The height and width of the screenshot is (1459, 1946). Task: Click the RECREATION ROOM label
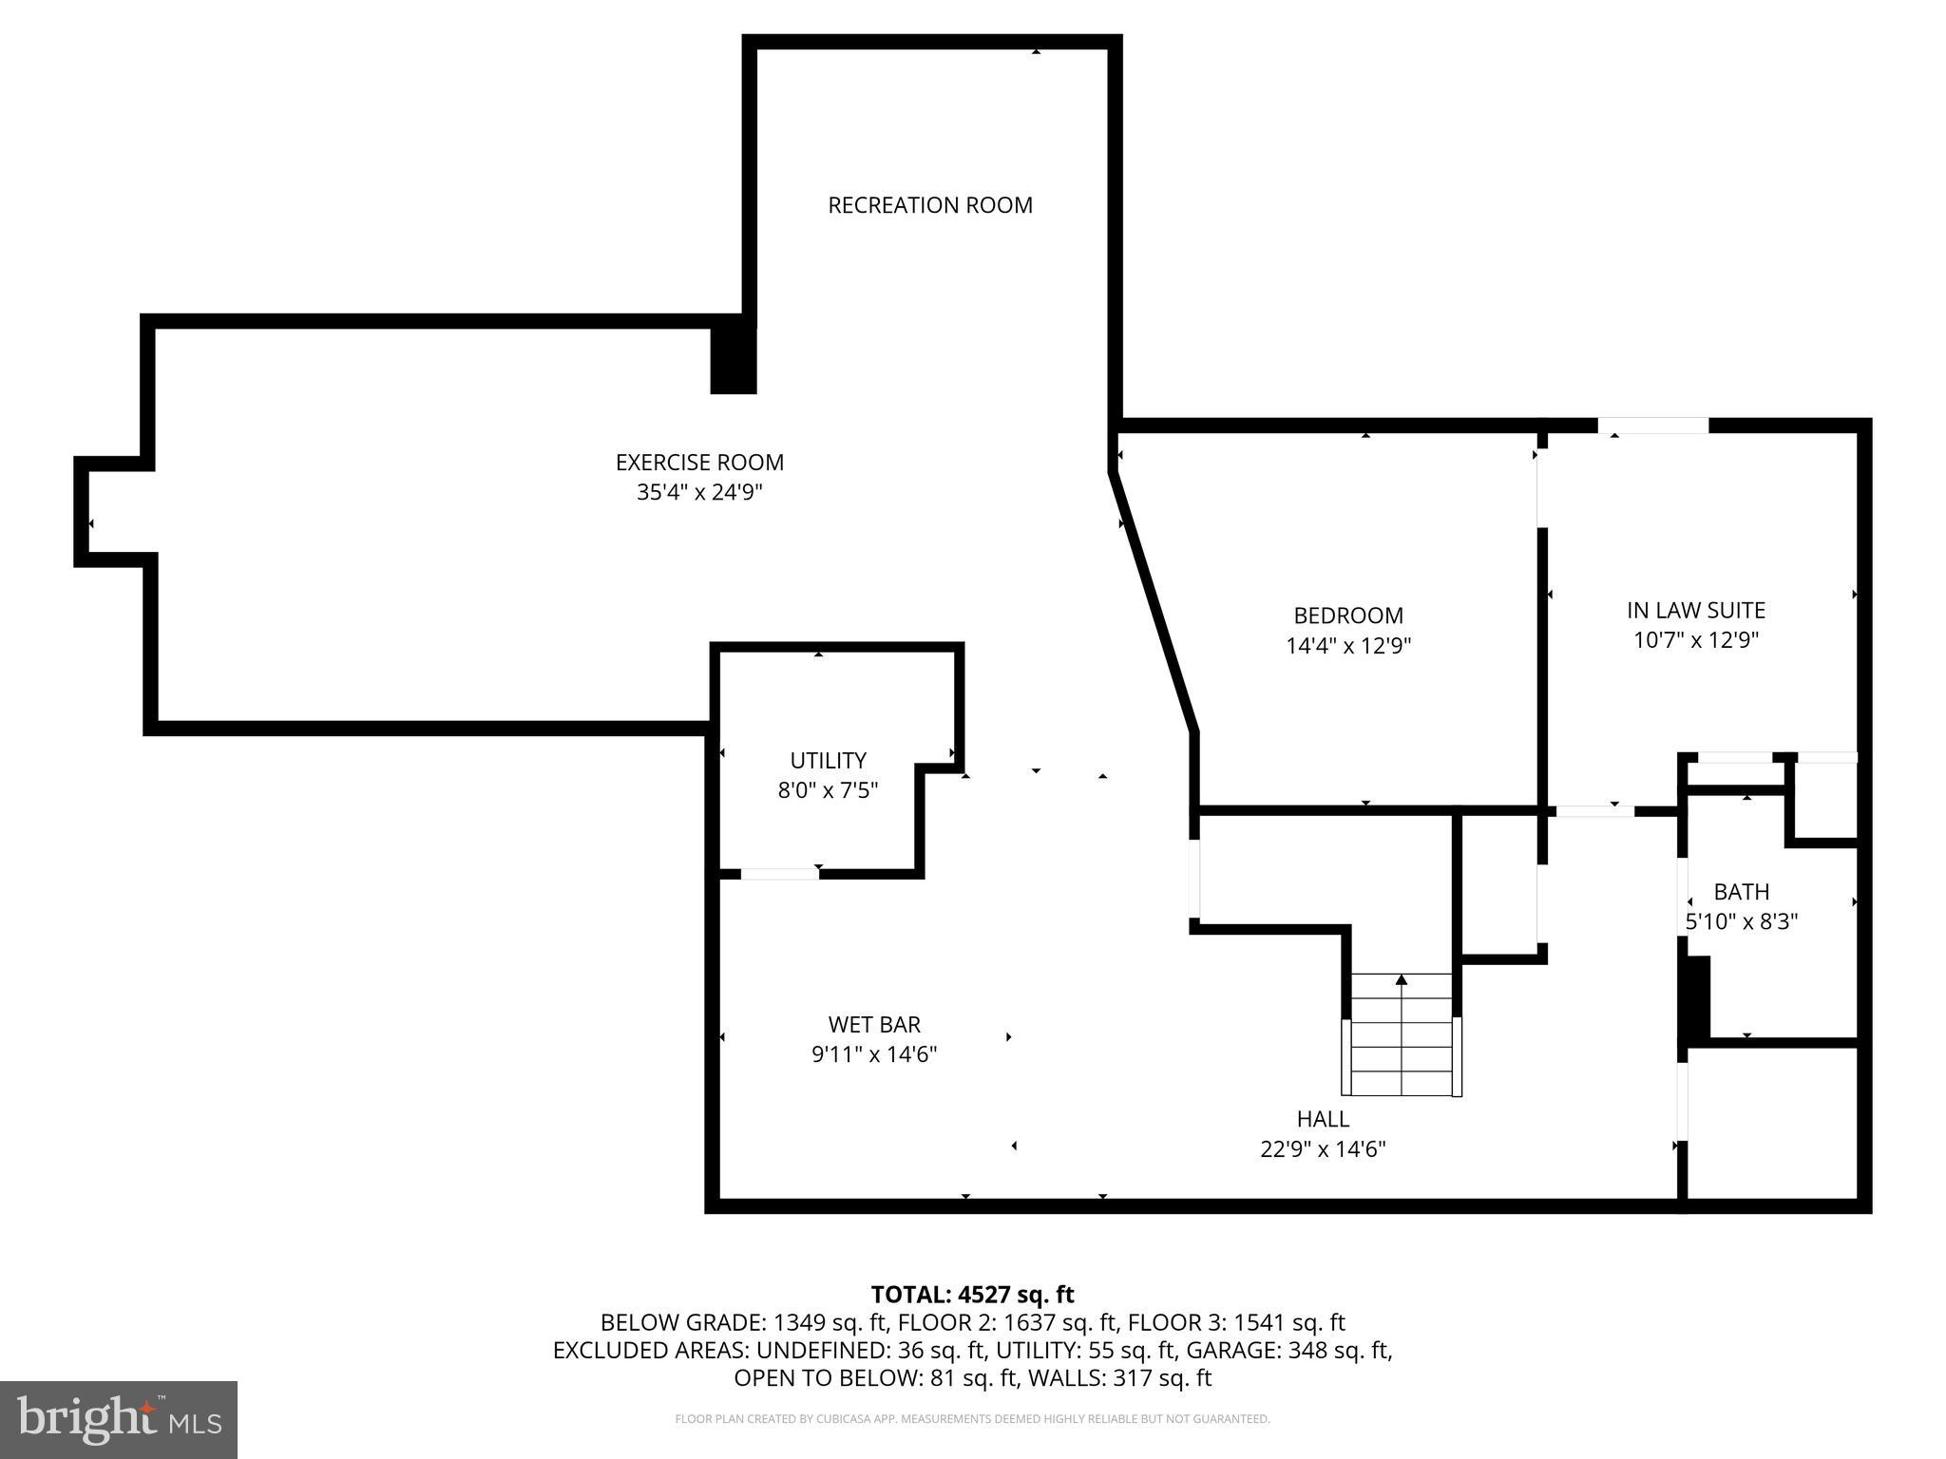929,205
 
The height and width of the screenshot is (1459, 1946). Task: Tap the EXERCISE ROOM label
699,463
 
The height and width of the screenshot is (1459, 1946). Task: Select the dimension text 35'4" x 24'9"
699,493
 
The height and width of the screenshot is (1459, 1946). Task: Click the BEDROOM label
1347,616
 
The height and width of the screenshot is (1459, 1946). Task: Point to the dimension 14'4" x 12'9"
1347,646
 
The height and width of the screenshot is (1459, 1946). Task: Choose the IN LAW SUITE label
1695,610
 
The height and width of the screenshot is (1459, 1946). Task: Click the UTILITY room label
828,761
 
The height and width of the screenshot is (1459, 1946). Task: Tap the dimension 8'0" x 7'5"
828,790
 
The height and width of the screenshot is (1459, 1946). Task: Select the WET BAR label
873,1024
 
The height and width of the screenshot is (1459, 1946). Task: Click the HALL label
1322,1119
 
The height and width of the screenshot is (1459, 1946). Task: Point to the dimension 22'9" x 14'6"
1322,1149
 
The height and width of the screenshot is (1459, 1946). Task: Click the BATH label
1741,892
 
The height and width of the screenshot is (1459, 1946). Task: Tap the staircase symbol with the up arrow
1402,1035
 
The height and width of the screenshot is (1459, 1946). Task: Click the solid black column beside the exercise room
734,360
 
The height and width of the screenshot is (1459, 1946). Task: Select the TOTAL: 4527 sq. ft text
972,1295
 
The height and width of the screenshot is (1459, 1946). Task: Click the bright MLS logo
119,1420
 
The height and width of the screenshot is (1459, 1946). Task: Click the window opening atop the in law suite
1652,426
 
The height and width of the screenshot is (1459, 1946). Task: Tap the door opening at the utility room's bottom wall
779,874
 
